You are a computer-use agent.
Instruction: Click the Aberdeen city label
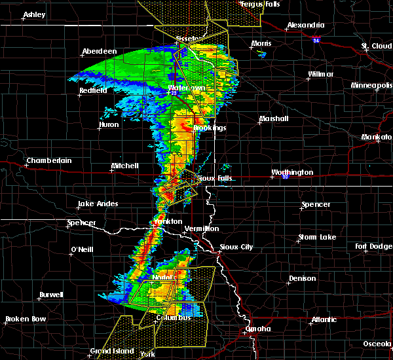pos(100,52)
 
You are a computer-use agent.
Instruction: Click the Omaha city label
pos(257,329)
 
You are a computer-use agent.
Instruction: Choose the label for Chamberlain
pos(49,161)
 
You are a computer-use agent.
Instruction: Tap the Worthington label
pos(292,173)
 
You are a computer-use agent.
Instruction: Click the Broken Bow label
pos(26,319)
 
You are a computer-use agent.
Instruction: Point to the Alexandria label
pos(306,26)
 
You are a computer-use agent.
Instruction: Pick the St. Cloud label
pos(377,46)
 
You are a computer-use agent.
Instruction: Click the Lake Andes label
pos(98,204)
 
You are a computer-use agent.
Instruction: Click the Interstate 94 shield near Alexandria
pos(316,41)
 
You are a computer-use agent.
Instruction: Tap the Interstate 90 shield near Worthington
pos(285,177)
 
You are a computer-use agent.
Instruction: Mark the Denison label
pos(302,279)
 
